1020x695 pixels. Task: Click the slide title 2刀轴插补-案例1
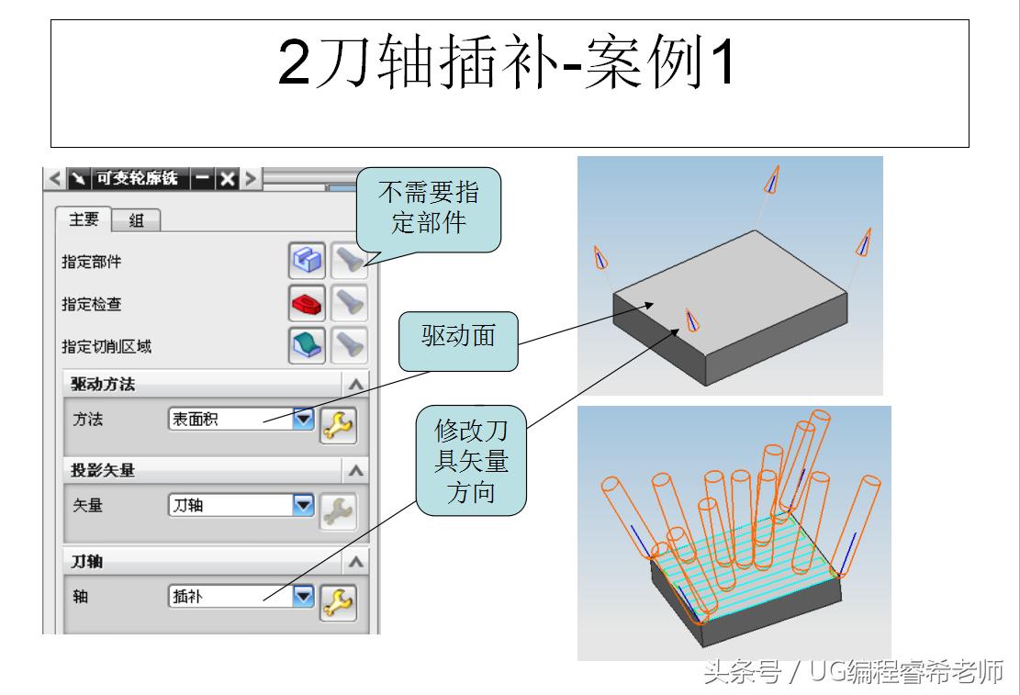508,62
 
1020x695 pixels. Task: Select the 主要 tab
84,219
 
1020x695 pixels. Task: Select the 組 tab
136,220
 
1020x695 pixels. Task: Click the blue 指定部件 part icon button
306,261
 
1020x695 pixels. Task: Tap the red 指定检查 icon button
306,301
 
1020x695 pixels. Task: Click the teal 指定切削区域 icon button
306,344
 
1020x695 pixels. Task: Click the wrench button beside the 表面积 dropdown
338,425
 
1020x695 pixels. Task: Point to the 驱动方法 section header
104,384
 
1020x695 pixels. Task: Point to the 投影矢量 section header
104,470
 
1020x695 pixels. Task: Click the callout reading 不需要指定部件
429,207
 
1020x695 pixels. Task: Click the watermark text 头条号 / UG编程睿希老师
854,673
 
